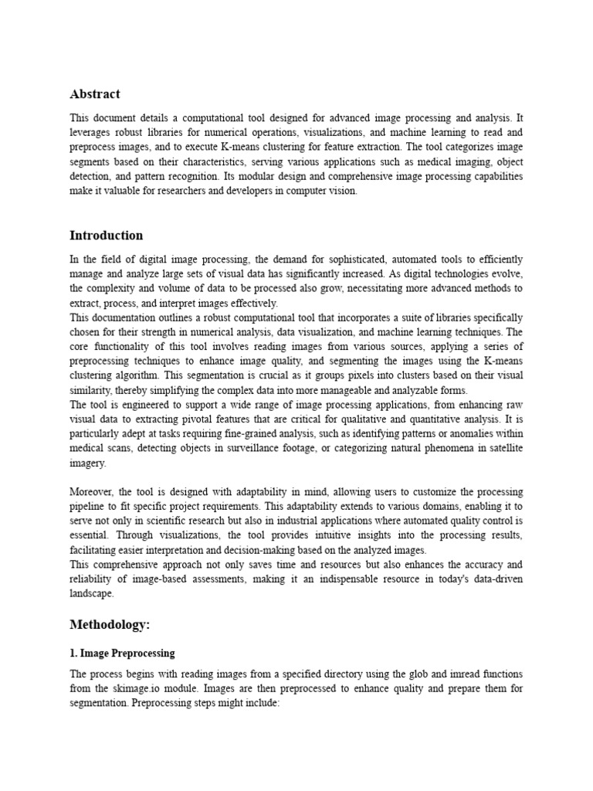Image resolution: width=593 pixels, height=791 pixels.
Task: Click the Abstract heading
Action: pyautogui.click(x=95, y=94)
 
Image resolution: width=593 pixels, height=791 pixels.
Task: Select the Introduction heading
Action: pyautogui.click(x=107, y=236)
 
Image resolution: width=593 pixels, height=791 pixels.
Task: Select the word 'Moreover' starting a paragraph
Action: pyautogui.click(x=92, y=492)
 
